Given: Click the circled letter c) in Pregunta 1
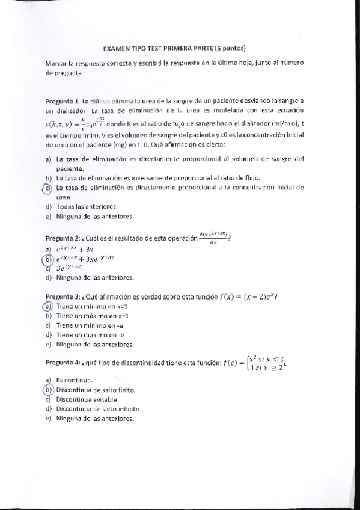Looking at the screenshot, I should [x=48, y=188].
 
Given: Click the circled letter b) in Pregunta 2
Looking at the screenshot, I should [x=48, y=259].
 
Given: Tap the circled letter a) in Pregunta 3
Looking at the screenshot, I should [x=48, y=306].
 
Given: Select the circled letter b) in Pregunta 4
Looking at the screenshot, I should [x=48, y=389].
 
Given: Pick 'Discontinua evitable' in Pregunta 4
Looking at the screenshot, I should [x=90, y=399].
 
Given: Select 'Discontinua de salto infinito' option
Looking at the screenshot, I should [x=99, y=409].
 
